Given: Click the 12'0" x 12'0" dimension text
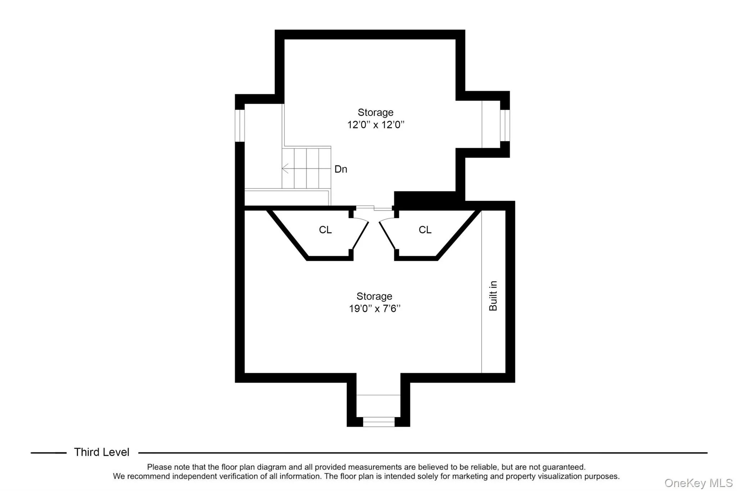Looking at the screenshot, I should pyautogui.click(x=375, y=125).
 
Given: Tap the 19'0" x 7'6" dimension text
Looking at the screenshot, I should pyautogui.click(x=374, y=309).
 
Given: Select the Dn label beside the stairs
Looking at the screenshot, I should pyautogui.click(x=340, y=169).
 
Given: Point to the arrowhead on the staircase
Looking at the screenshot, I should pyautogui.click(x=285, y=168).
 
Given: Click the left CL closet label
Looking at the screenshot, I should pyautogui.click(x=325, y=230).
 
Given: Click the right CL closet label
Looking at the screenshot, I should pyautogui.click(x=425, y=230).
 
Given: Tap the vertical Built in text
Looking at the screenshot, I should pyautogui.click(x=493, y=296).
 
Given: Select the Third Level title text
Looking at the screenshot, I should pyautogui.click(x=101, y=452).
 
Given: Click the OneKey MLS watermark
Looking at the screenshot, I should pyautogui.click(x=698, y=483).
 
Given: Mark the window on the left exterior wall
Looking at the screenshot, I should pyautogui.click(x=240, y=125).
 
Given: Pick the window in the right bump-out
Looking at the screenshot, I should pyautogui.click(x=505, y=125).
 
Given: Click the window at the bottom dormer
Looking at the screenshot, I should pyautogui.click(x=378, y=422).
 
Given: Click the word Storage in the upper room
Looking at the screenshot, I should pyautogui.click(x=375, y=113).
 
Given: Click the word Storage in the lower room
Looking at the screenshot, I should pyautogui.click(x=374, y=296).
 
